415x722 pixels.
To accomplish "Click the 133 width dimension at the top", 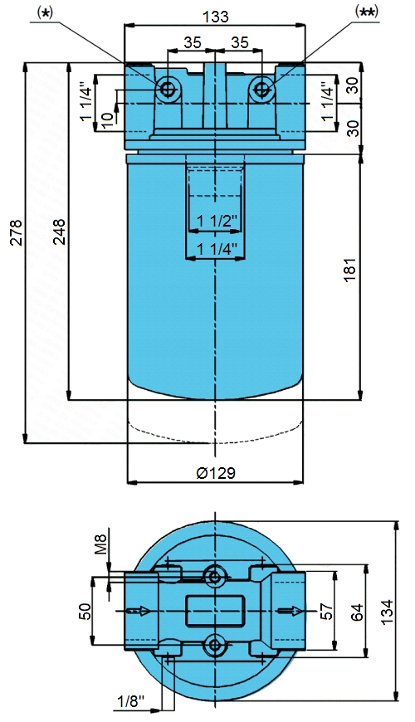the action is (x=216, y=17).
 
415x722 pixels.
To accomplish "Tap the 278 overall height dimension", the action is (x=17, y=233).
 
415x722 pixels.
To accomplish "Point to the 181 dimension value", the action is (x=350, y=270).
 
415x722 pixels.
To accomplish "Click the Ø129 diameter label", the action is (x=216, y=473).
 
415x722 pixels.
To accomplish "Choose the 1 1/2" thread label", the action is (x=217, y=221).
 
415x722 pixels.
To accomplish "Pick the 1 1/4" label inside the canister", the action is (x=217, y=249).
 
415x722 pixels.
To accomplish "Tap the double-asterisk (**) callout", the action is (x=367, y=12).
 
